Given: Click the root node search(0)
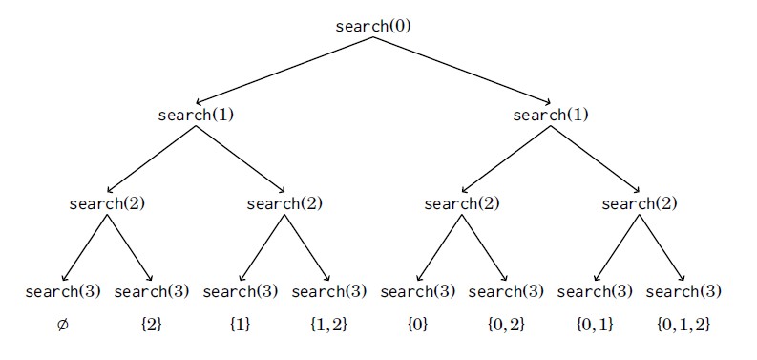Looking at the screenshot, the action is tap(373, 26).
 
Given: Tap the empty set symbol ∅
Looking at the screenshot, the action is tap(63, 326).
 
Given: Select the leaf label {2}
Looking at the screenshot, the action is tap(151, 326).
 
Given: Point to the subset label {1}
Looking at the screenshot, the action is tap(240, 326).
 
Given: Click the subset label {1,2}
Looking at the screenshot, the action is tap(328, 326).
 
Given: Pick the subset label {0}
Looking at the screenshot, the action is tap(417, 326).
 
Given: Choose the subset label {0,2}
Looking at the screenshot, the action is tap(507, 326).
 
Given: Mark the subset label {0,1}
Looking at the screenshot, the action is tap(596, 326).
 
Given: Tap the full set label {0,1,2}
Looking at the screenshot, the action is tap(683, 326).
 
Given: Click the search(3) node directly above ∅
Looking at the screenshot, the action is tap(63, 292).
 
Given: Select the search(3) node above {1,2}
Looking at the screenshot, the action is tap(328, 292).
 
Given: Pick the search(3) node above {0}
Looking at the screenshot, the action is tap(417, 292).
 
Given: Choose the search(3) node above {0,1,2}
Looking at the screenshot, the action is tap(683, 292).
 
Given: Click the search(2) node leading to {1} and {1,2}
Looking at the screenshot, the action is tap(284, 204).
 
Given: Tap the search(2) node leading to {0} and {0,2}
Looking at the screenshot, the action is tap(462, 204).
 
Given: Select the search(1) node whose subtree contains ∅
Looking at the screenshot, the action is tap(196, 116).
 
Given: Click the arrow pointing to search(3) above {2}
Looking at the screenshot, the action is tap(130, 247).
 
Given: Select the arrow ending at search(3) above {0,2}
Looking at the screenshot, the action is tap(485, 247).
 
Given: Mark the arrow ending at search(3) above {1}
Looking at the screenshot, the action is tap(263, 247).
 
